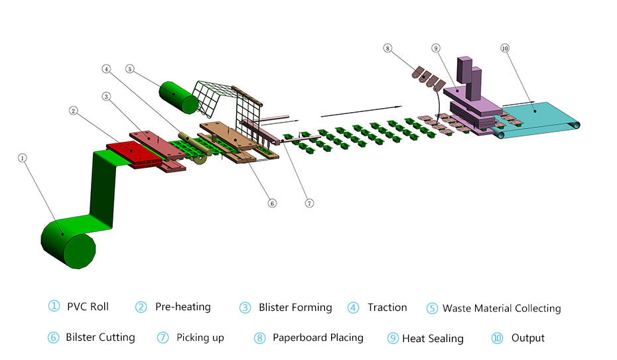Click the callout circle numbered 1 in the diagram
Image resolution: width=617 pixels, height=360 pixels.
pos(23,158)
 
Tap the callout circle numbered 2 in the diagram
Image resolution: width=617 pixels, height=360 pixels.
pos(74,110)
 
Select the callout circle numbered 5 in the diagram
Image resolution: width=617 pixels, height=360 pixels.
pos(129,68)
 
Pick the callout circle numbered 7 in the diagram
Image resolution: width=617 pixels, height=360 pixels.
pos(309,203)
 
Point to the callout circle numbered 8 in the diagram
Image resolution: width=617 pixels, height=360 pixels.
pos(388,48)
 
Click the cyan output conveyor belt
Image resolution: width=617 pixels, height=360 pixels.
pos(541,117)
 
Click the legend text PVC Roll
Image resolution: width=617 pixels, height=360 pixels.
pos(88,306)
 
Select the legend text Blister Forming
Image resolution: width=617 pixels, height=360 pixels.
pos(295,307)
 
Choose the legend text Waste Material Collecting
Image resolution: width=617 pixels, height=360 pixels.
pos(502,308)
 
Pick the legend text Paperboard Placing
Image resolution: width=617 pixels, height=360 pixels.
pos(318,337)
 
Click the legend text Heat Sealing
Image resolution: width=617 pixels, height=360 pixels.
pos(433,338)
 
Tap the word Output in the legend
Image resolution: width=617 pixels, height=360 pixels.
pos(528,337)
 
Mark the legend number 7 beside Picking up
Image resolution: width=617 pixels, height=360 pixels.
pos(163,337)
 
